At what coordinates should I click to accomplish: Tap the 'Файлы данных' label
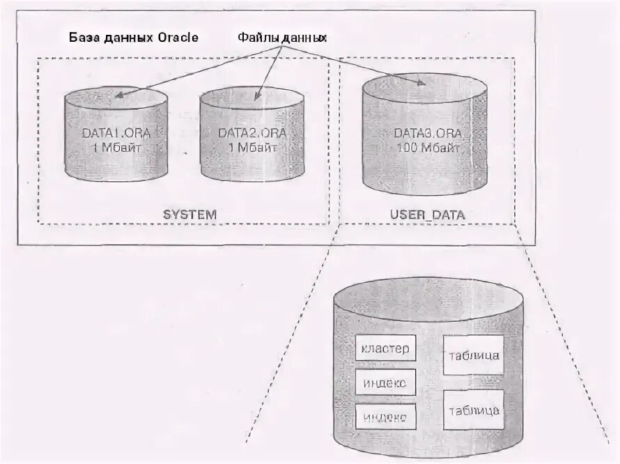282,36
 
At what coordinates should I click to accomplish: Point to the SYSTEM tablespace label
190,214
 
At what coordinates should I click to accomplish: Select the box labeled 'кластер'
386,348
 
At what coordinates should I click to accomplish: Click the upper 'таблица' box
474,355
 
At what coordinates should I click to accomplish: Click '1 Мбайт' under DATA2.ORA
252,147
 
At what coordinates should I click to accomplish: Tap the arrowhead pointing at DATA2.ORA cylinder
257,98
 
